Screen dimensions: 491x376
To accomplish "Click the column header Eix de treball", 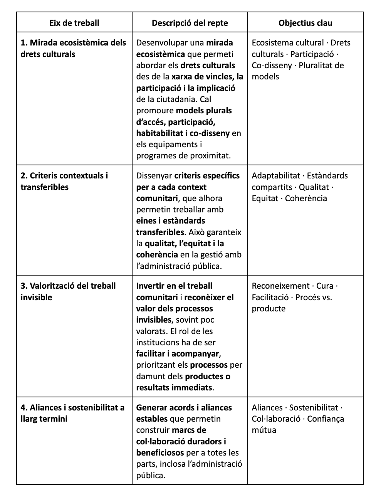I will (x=74, y=23).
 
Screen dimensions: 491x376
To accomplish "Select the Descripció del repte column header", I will (x=190, y=23).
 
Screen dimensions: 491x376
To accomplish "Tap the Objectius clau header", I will (x=305, y=23).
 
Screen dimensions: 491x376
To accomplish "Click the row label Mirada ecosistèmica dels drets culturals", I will (x=73, y=48).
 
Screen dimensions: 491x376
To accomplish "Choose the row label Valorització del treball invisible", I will (x=68, y=291).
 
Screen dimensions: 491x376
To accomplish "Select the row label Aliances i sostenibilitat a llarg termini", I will (x=72, y=413).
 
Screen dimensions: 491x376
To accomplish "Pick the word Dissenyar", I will (x=154, y=176).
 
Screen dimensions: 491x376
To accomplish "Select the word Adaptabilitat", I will (x=276, y=176).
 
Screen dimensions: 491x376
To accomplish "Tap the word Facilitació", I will (x=270, y=297).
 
